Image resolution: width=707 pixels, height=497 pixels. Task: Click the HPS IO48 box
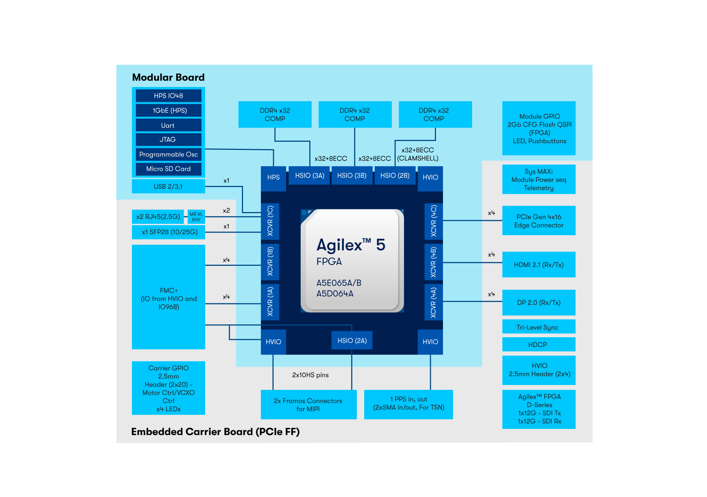point(168,96)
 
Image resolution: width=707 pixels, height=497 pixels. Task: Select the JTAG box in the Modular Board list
point(168,140)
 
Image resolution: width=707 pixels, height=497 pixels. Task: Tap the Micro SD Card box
point(168,169)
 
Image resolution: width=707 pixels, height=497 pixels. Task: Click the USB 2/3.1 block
point(168,187)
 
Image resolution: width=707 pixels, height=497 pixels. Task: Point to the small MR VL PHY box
point(196,217)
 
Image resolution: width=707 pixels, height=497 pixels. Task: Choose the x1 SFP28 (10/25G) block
point(168,232)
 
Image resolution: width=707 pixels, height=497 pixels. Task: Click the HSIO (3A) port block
point(310,176)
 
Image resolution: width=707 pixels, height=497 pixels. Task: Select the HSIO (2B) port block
point(395,176)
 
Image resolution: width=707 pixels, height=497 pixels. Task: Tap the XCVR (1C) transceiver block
point(270,221)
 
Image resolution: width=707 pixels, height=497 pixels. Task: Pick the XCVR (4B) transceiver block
point(433,262)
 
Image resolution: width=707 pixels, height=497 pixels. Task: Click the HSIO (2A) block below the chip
point(352,341)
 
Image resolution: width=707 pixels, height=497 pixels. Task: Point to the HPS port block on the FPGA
point(273,177)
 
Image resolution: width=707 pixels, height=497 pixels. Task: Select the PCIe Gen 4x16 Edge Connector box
point(539,221)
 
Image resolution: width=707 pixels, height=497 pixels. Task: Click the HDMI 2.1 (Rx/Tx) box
point(539,265)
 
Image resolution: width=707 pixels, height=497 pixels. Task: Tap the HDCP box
point(539,345)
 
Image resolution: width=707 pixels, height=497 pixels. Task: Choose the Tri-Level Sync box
point(539,327)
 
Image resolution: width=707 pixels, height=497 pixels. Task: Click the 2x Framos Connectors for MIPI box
point(308,405)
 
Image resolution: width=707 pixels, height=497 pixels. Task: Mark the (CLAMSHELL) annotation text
point(418,158)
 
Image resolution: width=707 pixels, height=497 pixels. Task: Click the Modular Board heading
point(168,77)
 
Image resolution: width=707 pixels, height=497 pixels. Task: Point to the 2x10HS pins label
point(310,375)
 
